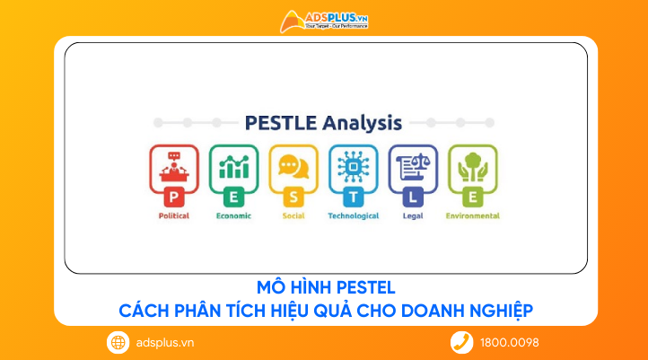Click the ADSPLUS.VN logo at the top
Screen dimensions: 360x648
tap(324, 21)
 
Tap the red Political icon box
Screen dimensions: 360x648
tap(174, 170)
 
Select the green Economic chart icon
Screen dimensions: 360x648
tap(233, 170)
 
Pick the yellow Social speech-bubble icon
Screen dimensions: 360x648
tap(293, 170)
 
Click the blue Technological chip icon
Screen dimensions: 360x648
tap(354, 170)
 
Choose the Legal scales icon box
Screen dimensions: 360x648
tap(413, 170)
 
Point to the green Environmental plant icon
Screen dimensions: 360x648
tap(473, 170)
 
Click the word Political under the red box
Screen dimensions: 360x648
tap(173, 215)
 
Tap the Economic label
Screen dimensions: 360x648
tap(233, 215)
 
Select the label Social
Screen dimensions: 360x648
tap(293, 215)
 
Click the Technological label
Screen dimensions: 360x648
tap(354, 215)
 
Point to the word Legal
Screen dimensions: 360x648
tap(413, 215)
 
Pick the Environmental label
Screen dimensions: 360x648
tap(473, 215)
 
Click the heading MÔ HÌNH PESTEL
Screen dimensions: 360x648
tap(325, 289)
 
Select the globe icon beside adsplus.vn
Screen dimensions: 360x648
tap(118, 342)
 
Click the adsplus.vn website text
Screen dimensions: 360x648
tap(164, 342)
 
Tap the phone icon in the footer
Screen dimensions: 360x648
tap(461, 342)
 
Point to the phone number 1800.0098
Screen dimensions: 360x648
tap(510, 342)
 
